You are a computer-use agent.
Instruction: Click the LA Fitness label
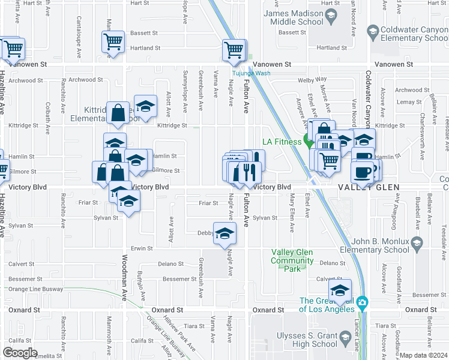click(x=283, y=142)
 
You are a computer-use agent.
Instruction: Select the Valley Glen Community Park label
click(x=292, y=260)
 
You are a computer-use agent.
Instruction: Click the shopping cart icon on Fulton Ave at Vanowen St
click(x=234, y=50)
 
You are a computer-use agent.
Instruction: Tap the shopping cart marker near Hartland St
click(x=113, y=42)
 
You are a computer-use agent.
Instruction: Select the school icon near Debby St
click(x=224, y=234)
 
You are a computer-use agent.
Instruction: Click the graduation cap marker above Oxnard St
click(x=340, y=290)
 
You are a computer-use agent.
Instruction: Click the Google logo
click(x=20, y=353)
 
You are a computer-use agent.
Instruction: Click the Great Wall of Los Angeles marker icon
click(x=362, y=302)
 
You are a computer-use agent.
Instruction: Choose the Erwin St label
click(x=142, y=248)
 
